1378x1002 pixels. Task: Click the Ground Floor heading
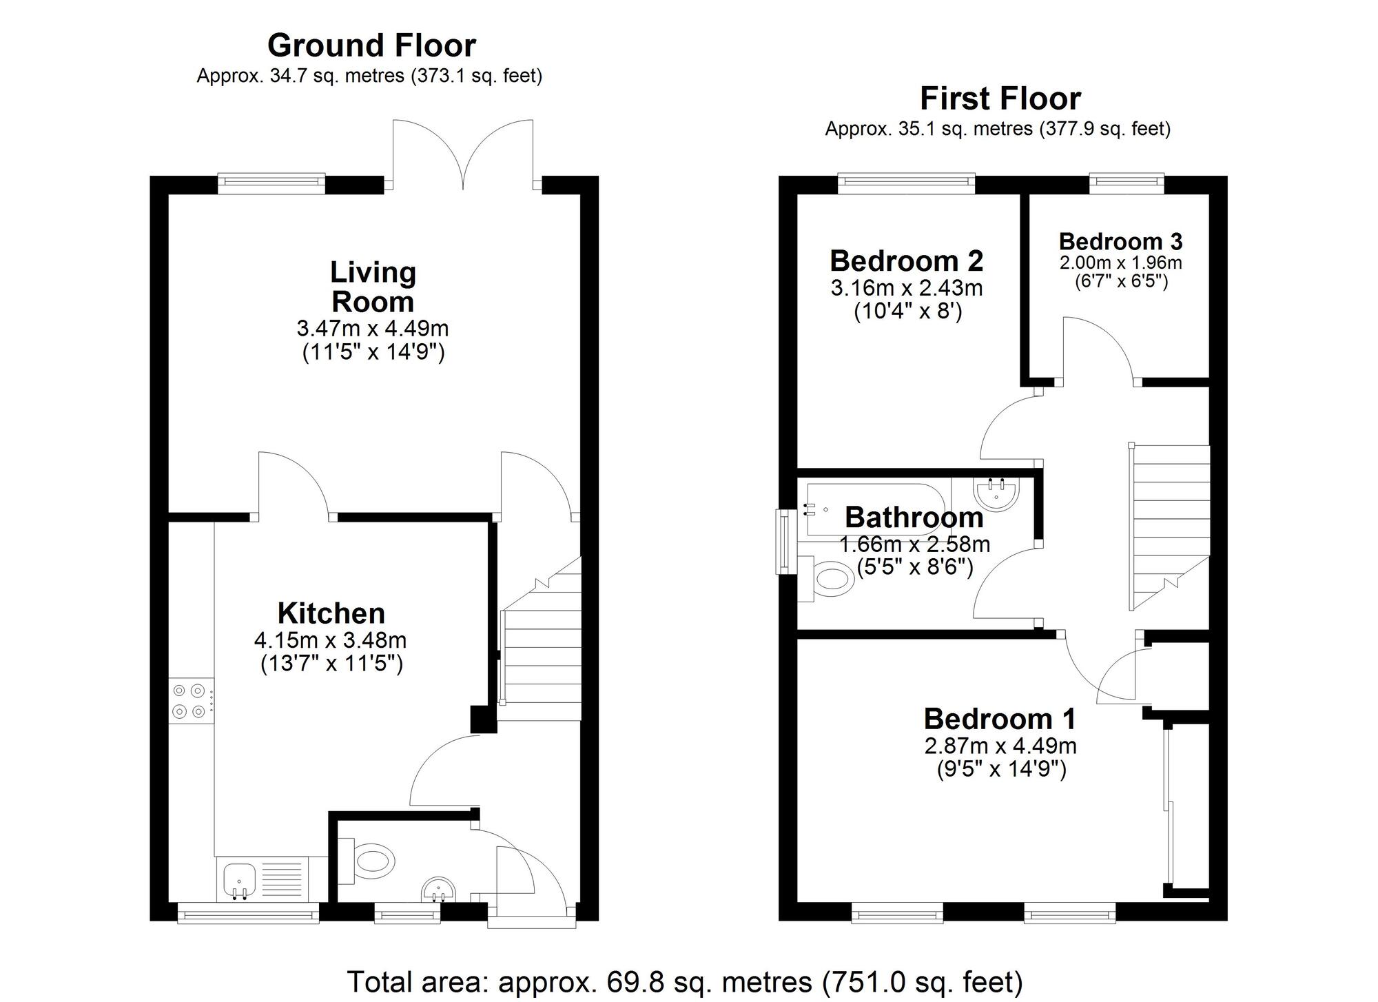click(371, 45)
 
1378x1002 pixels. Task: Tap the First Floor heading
click(1000, 99)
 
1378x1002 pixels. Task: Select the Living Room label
click(373, 287)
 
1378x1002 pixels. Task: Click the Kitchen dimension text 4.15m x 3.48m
click(330, 640)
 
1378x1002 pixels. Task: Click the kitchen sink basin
click(239, 880)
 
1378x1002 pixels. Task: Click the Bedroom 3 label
click(1120, 242)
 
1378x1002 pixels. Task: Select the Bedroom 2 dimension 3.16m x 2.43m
click(907, 287)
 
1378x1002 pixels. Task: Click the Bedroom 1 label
click(999, 719)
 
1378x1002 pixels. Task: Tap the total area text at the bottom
click(684, 981)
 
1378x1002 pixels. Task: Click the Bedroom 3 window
click(1127, 181)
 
